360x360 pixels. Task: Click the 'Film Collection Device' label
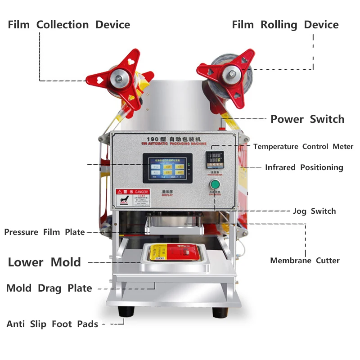(69, 25)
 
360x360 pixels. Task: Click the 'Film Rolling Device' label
(285, 25)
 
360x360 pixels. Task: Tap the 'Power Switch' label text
(307, 119)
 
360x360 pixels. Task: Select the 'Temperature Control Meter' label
(303, 147)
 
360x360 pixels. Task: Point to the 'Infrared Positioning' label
(304, 167)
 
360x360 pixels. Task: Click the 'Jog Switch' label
(314, 211)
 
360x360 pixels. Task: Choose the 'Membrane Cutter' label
(305, 261)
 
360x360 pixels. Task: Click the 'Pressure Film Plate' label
(45, 232)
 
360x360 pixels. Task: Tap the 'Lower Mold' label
(44, 262)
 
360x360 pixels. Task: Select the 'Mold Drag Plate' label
(49, 288)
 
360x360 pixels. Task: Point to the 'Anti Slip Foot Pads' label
(52, 324)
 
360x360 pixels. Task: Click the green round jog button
(215, 184)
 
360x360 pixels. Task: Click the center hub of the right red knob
(231, 71)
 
